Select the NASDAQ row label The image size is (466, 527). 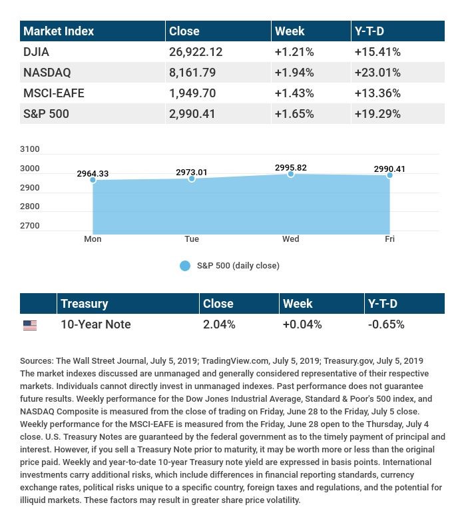[47, 72]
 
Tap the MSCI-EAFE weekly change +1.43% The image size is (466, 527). [294, 93]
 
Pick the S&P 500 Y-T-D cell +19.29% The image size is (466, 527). [377, 114]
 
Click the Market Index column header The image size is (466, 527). [59, 31]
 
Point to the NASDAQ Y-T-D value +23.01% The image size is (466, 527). [377, 72]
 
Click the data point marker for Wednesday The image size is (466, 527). [291, 174]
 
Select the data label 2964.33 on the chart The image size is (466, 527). [93, 174]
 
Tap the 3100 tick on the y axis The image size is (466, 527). [30, 149]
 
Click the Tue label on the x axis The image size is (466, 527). [192, 239]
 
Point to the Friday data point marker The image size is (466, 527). [389, 175]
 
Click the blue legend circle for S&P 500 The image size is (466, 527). [185, 266]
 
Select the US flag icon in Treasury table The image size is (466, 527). [30, 325]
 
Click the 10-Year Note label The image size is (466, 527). [95, 324]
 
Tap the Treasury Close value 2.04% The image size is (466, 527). [219, 324]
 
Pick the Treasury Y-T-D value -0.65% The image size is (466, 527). [385, 324]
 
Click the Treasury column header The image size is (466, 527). [84, 304]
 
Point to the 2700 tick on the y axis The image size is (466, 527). [30, 226]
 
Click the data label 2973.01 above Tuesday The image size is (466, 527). [192, 173]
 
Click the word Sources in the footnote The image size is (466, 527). [37, 361]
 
